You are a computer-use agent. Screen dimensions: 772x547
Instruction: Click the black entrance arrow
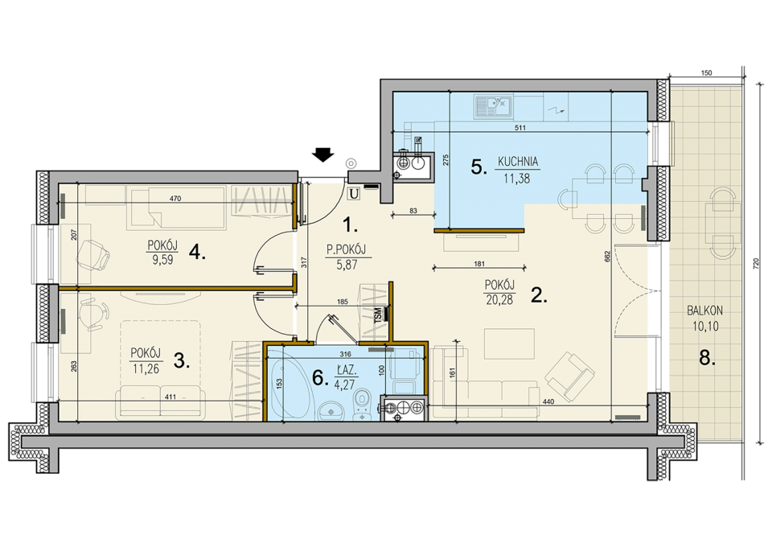[x=323, y=154]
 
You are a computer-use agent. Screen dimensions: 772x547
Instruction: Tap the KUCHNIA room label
[x=517, y=162]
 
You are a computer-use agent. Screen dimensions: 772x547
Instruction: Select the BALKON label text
[x=704, y=311]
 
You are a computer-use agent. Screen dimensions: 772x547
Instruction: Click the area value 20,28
[x=499, y=299]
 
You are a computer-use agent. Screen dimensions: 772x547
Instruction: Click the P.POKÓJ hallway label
[x=346, y=251]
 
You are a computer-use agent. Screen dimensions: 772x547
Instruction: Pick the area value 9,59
[x=162, y=260]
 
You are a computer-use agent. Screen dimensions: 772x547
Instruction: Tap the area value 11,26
[x=146, y=368]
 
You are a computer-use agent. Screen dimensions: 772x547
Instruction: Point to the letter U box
[x=353, y=195]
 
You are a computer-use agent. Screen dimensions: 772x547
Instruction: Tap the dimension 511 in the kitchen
[x=520, y=128]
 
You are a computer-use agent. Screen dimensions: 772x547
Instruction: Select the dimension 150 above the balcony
[x=706, y=73]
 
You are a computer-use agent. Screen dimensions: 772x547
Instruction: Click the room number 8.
[x=707, y=359]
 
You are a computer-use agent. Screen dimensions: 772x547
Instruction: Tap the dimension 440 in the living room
[x=548, y=401]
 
